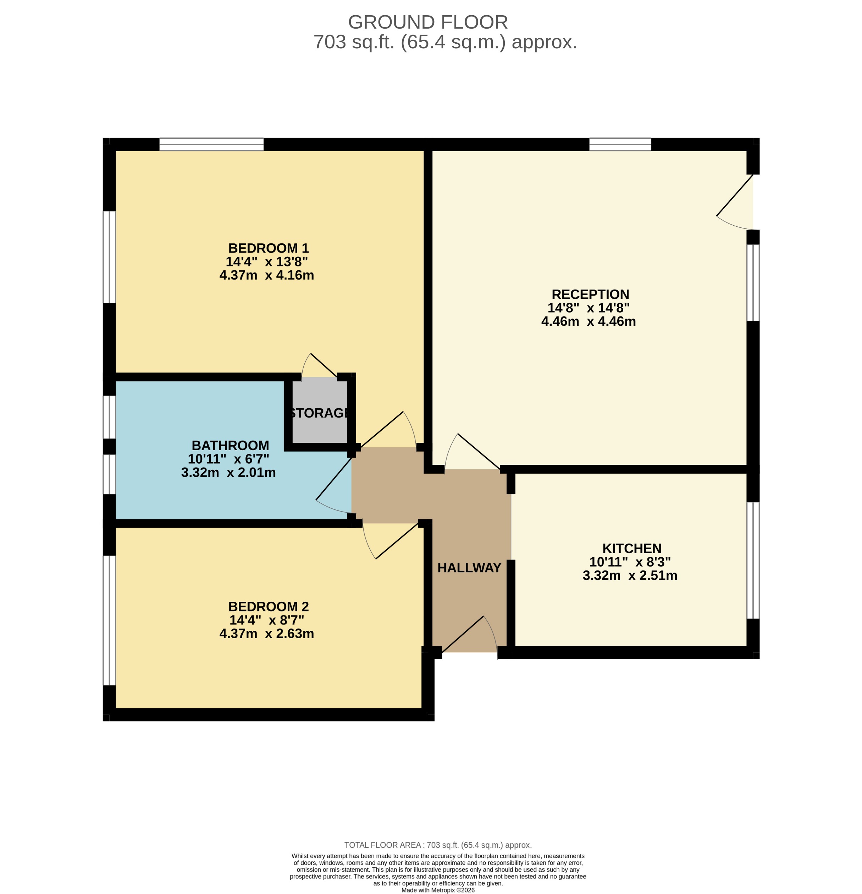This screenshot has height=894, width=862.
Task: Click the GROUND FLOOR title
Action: click(x=427, y=22)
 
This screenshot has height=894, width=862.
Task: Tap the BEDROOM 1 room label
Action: click(x=268, y=248)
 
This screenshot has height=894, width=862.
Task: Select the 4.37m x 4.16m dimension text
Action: click(x=266, y=275)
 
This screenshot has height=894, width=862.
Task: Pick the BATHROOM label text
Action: click(x=230, y=445)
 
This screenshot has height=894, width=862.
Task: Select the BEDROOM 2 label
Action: click(x=268, y=607)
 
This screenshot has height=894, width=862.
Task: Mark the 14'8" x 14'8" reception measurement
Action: click(x=589, y=308)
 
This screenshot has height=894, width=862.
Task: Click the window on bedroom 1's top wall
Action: click(x=211, y=144)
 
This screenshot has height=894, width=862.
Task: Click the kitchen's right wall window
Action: click(x=752, y=560)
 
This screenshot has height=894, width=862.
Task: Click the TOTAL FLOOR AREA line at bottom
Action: click(x=437, y=845)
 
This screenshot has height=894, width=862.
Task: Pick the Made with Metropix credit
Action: click(x=437, y=890)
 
